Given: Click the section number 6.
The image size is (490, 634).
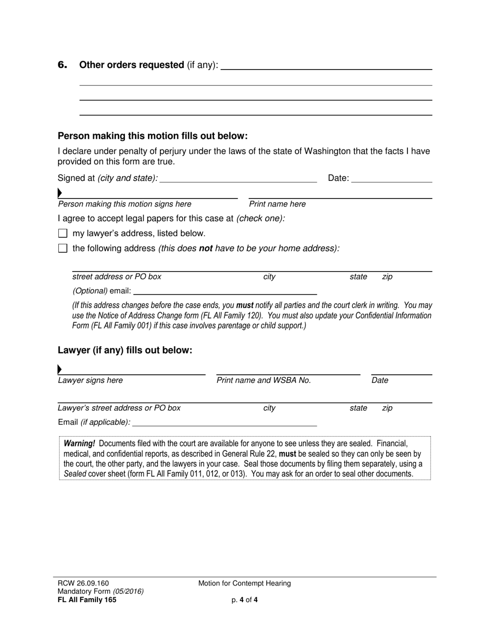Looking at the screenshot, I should coord(62,65).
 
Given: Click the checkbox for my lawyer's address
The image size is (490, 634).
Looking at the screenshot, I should coord(63,233).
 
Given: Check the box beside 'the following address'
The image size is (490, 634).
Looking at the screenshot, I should coord(63,248).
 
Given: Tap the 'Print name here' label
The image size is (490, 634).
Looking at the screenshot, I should coord(277,204).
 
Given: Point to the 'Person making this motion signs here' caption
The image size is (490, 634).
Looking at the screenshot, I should coord(124,204).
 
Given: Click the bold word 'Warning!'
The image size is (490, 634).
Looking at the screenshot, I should coord(79,444).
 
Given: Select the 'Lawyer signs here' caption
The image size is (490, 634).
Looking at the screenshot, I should coord(90,380).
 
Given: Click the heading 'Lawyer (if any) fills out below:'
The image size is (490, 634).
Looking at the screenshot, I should coord(125,351).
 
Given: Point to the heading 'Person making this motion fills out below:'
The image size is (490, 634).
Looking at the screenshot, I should coord(153,136).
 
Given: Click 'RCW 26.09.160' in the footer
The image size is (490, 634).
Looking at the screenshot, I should coord(83,583).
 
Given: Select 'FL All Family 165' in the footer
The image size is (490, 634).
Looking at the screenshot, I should coord(87,599).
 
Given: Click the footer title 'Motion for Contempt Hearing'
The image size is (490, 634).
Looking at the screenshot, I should coord(244,583).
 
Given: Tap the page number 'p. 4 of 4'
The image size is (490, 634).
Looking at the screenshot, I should coord(244,599).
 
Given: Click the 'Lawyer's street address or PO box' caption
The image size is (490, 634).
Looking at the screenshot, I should coord(119,408).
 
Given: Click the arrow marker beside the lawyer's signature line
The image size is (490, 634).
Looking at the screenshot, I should coord(60,369).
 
